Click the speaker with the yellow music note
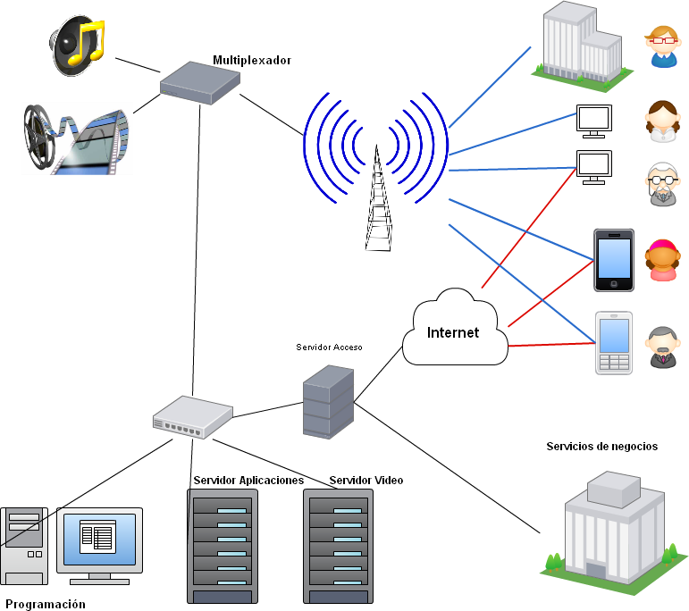(77, 46)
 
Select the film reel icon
(77, 138)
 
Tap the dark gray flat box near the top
(200, 83)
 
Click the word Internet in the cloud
(453, 333)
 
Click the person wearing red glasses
(663, 46)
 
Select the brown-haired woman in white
(663, 121)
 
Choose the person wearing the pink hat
(662, 260)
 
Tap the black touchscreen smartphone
(614, 260)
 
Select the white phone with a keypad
(614, 343)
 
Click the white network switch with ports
(192, 416)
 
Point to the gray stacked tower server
(328, 401)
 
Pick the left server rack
(223, 546)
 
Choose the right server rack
(338, 546)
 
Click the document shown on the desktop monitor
(98, 537)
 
